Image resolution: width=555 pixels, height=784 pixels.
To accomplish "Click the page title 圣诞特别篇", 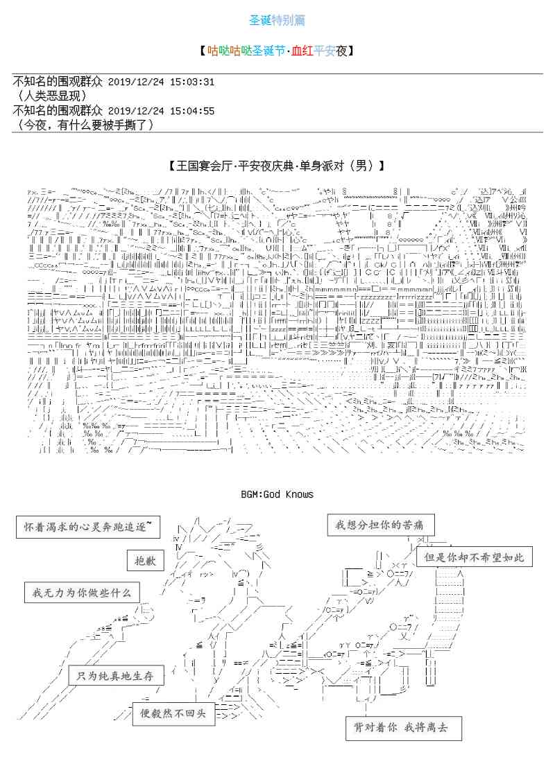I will (x=277, y=20).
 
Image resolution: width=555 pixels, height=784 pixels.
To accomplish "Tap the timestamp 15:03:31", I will (x=191, y=82).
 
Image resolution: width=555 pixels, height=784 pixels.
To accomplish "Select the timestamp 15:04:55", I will (x=191, y=111).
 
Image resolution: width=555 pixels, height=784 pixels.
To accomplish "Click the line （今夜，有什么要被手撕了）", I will (x=83, y=125).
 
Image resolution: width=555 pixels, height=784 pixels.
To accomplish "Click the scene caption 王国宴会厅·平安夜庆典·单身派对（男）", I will (x=277, y=166).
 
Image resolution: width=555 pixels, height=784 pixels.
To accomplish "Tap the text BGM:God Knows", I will (x=277, y=494).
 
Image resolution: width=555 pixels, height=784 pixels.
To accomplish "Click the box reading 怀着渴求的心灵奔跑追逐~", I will (x=87, y=528).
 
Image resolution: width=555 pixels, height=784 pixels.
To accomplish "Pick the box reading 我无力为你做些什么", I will (x=81, y=594).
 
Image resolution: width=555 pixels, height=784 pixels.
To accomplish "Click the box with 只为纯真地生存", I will (x=116, y=675).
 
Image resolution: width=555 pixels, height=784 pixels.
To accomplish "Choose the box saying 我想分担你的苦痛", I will (x=376, y=524).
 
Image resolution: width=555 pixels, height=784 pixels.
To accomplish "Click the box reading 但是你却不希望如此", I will (x=475, y=557).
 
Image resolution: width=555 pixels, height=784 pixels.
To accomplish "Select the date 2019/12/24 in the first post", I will (x=135, y=82).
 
